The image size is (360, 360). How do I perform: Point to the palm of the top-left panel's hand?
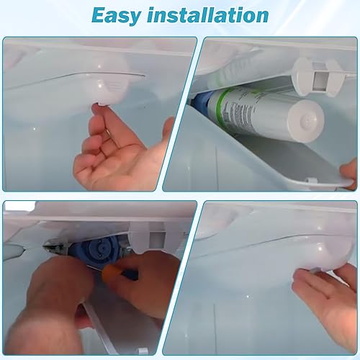108,162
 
